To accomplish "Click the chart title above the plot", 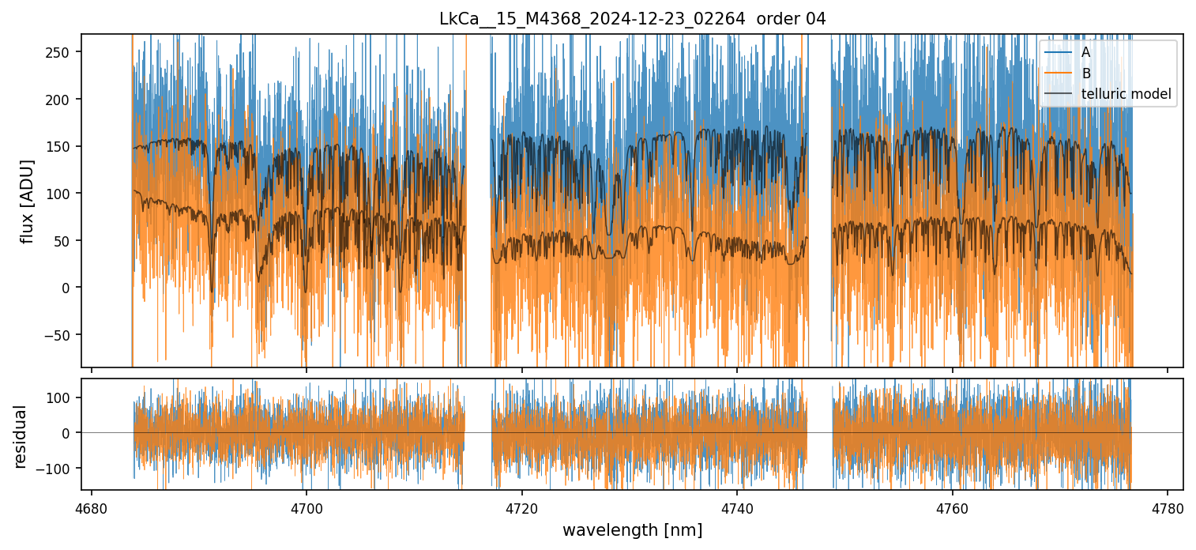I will pos(632,19).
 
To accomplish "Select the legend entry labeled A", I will pos(1085,52).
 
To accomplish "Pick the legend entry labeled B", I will pos(1086,73).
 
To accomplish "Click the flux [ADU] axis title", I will pos(28,201).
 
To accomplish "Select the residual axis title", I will pos(21,436).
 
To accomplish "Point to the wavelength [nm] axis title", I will pos(632,530).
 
